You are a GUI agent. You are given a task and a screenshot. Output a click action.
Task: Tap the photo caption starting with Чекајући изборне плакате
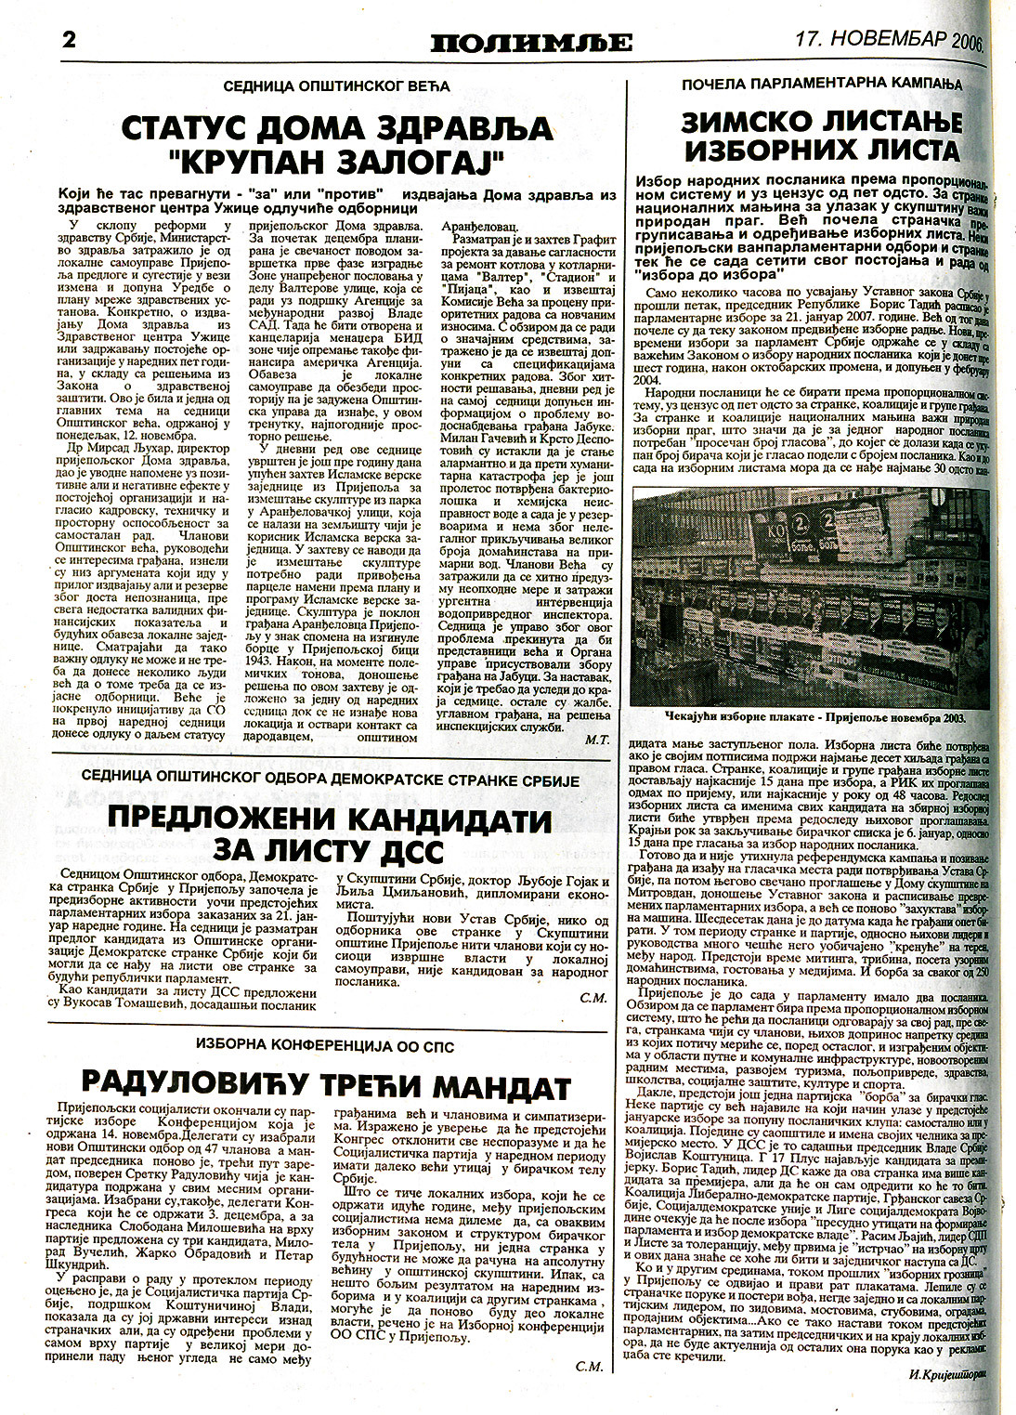pyautogui.click(x=814, y=718)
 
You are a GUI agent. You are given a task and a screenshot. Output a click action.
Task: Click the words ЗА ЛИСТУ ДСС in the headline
pyautogui.click(x=331, y=851)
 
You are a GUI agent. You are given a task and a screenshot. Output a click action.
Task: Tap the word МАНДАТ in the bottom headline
pyautogui.click(x=491, y=1083)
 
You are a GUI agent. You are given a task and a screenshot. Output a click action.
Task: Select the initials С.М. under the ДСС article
pyautogui.click(x=591, y=999)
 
